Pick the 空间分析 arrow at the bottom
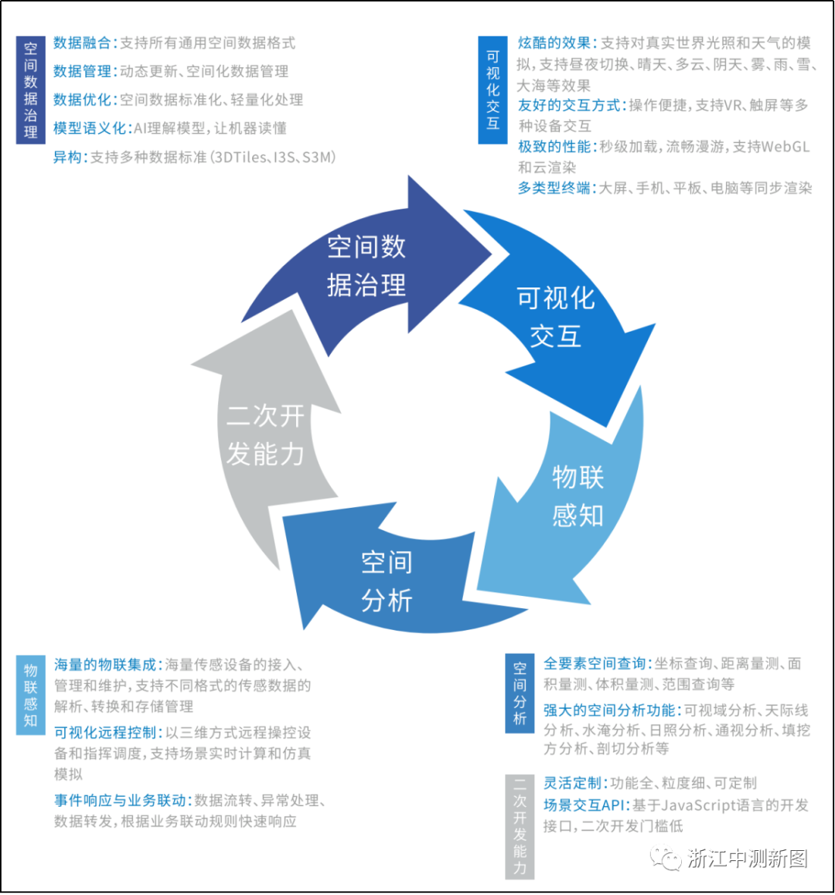(387, 580)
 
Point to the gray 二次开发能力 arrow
(264, 435)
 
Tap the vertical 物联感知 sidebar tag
(30, 695)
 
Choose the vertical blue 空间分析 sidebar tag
(520, 693)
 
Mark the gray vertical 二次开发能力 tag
(520, 826)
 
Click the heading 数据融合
(83, 43)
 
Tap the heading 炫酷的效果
(554, 43)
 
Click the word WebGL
(786, 147)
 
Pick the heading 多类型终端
(554, 188)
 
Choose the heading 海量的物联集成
(105, 665)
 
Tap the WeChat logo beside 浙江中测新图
(665, 858)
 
